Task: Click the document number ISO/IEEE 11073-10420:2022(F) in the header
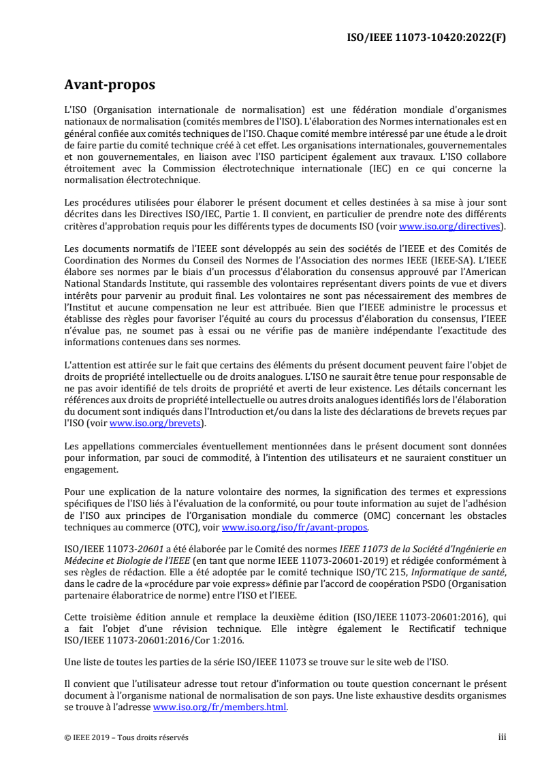pos(426,37)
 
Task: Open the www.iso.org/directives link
pos(451,226)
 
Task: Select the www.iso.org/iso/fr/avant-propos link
pos(296,526)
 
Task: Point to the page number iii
pos(502,737)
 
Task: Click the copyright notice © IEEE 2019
pos(127,737)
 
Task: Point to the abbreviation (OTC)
pos(197,526)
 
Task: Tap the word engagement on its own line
pos(91,469)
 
